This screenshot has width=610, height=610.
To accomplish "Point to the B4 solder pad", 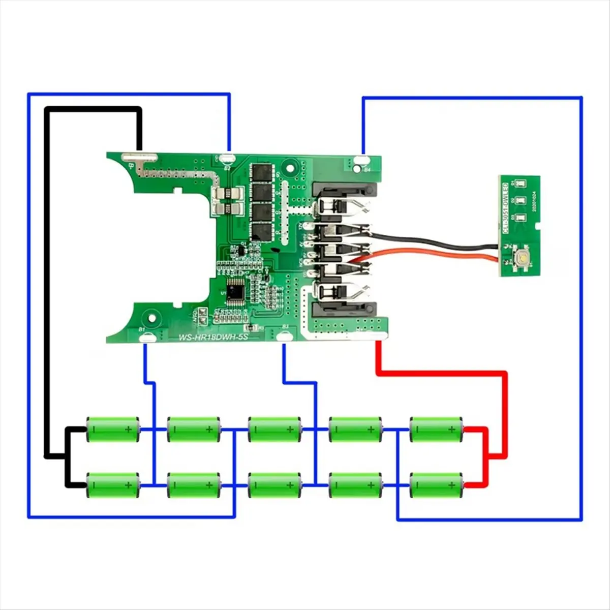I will coord(363,162).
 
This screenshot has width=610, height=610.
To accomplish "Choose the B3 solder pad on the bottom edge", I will coord(285,334).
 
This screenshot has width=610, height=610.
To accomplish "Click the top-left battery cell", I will coord(113,429).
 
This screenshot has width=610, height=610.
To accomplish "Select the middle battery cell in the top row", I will coord(274,429).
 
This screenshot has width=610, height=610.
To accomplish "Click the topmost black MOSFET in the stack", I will coord(263,173).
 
